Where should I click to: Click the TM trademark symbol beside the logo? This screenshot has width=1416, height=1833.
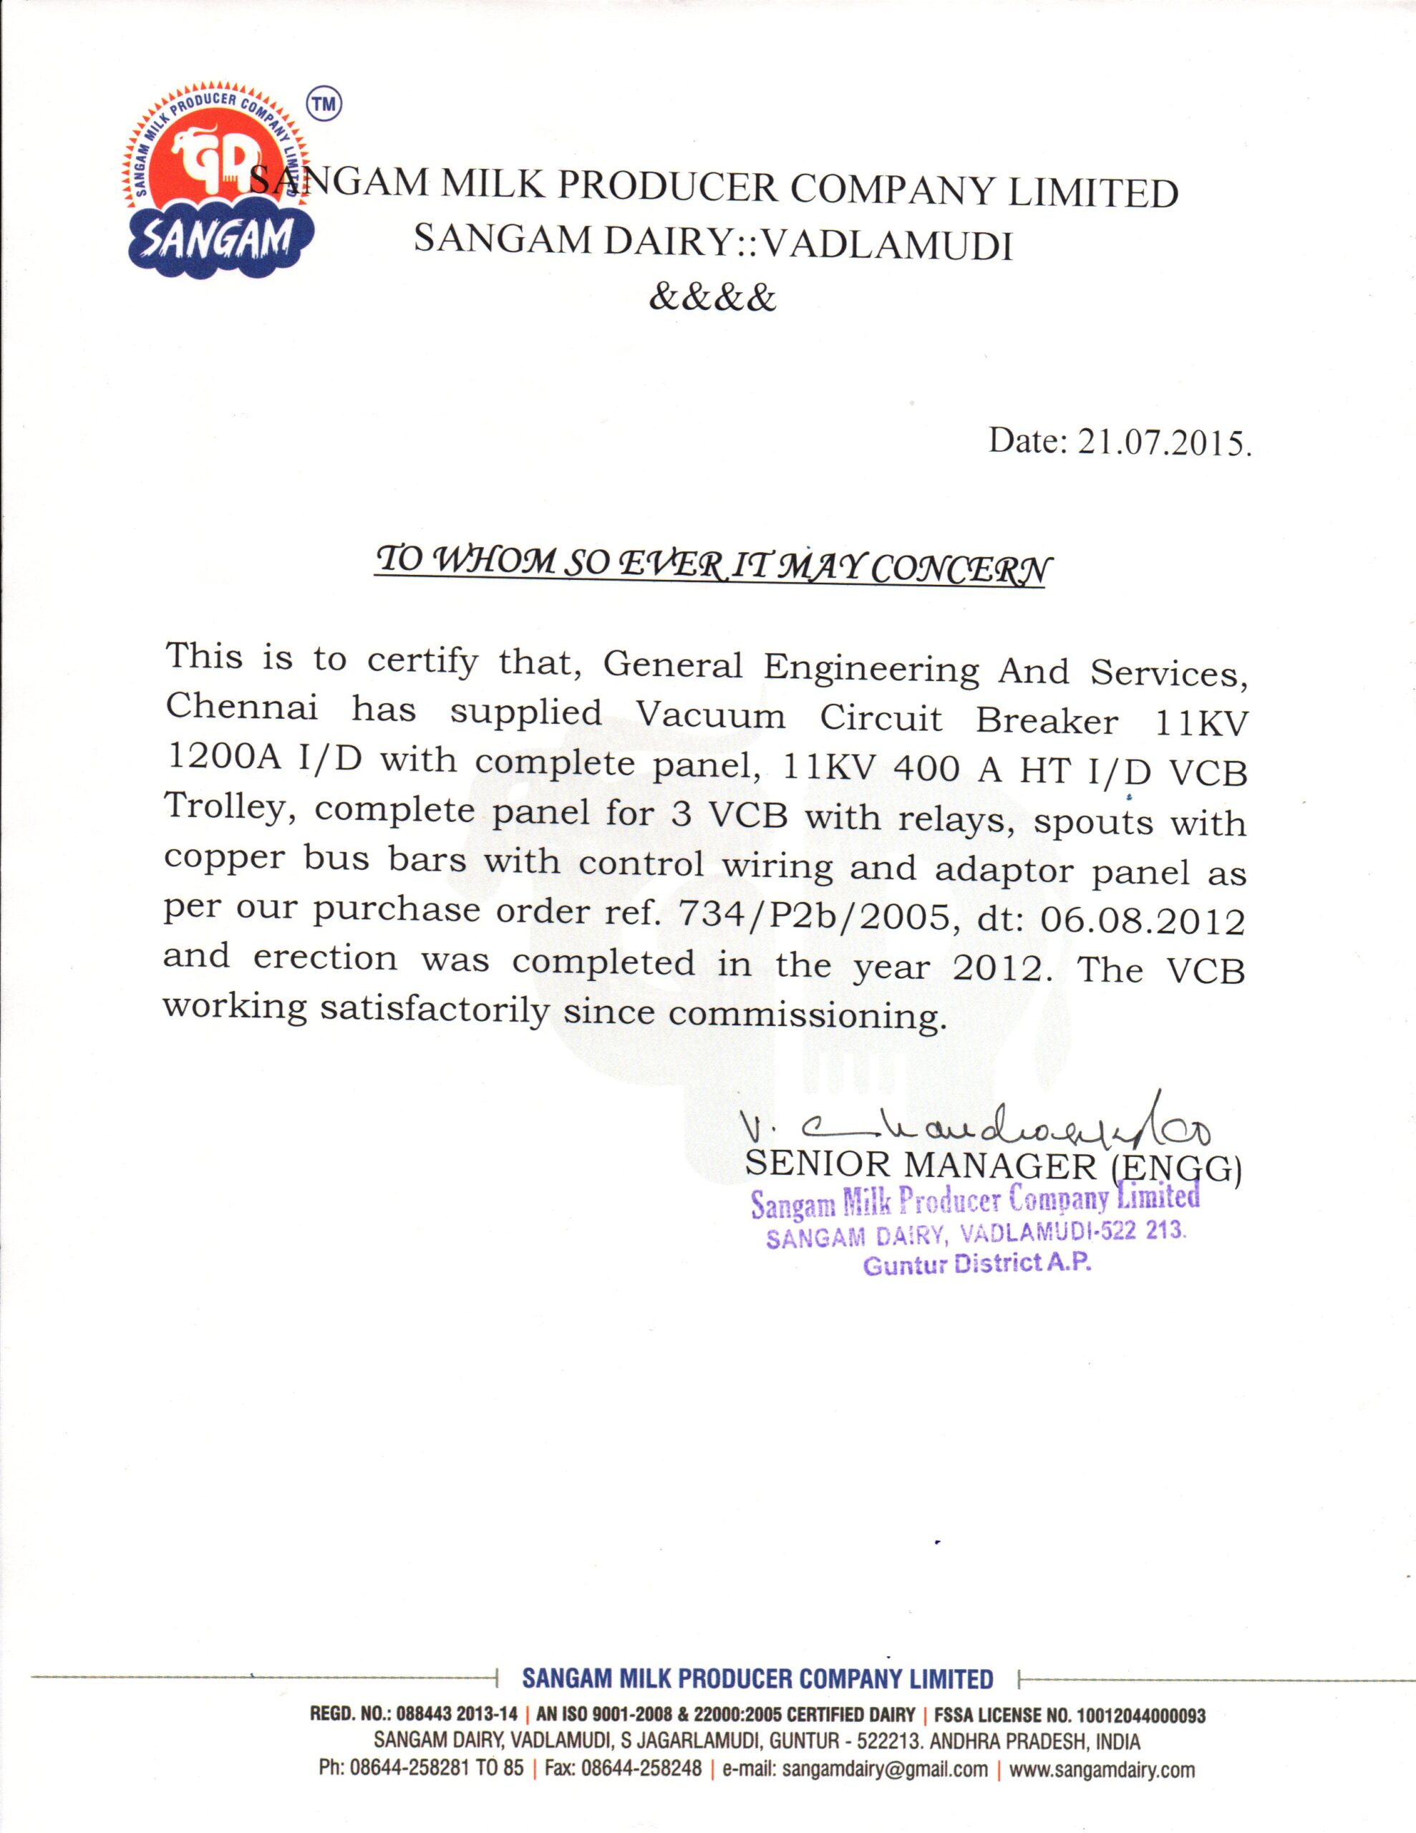[x=324, y=103]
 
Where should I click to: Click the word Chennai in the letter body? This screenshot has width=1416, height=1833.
[x=242, y=707]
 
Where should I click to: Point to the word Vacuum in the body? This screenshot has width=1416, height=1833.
[x=711, y=716]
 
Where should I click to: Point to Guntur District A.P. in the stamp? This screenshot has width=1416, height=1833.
[x=977, y=1264]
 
